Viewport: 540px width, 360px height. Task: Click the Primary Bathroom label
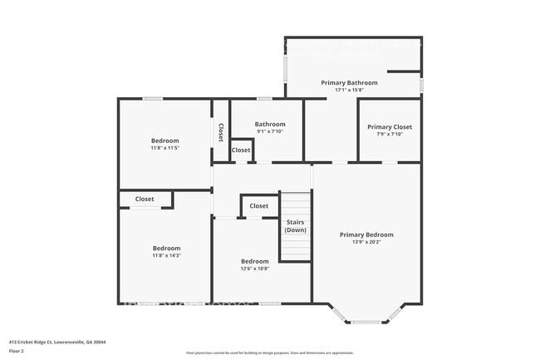[x=349, y=83]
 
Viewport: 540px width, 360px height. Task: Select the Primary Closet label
[x=390, y=127]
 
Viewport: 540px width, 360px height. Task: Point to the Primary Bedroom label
[x=366, y=234]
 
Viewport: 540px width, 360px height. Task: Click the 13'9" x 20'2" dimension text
[x=366, y=242]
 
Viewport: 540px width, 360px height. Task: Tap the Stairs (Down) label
[x=296, y=226]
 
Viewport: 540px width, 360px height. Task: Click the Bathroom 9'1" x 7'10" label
[x=270, y=125]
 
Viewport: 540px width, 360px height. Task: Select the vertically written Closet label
[x=221, y=133]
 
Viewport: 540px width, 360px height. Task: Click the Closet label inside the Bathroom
[x=241, y=150]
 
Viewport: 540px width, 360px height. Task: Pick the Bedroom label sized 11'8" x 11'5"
[x=164, y=141]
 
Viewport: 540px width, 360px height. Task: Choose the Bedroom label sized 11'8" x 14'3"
[x=166, y=249]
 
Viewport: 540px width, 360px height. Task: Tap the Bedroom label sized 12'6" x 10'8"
[x=254, y=261]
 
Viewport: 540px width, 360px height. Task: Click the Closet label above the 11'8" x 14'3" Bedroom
[x=145, y=200]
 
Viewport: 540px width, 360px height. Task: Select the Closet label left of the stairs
[x=259, y=206]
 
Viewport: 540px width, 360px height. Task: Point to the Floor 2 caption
[x=17, y=351]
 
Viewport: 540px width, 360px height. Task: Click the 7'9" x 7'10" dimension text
[x=390, y=135]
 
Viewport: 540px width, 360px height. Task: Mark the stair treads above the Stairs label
[x=296, y=204]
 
